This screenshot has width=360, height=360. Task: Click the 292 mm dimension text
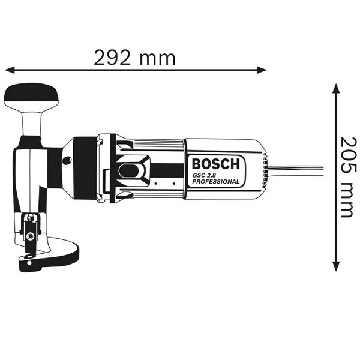134,58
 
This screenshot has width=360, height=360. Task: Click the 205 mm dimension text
348,177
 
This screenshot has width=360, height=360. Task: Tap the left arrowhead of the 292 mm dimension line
10,70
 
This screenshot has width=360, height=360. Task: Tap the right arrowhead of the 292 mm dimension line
262,70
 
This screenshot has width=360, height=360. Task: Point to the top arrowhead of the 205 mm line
336,89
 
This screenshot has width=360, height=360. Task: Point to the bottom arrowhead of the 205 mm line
336,266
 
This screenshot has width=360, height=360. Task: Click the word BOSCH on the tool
215,164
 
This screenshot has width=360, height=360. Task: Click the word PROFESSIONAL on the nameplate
215,182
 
